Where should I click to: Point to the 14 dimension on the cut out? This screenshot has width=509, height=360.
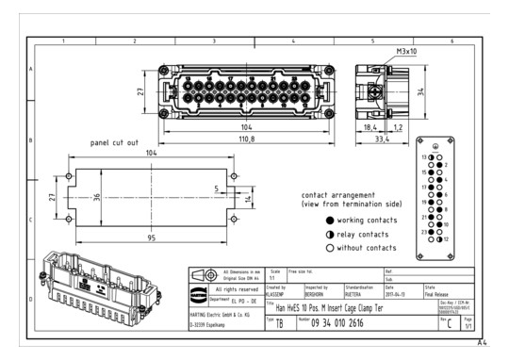[248, 199]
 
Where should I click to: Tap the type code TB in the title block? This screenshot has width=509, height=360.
[280, 322]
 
